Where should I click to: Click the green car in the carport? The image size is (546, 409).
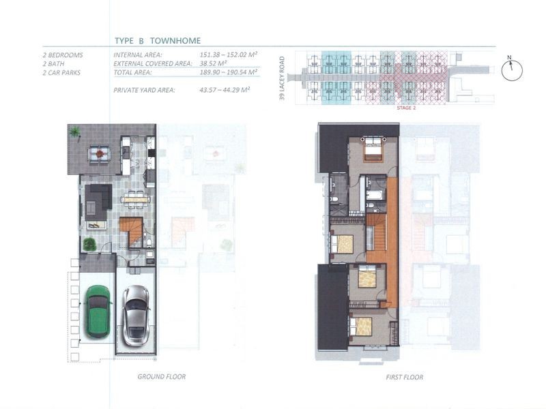(98, 312)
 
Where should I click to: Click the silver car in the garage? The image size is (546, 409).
(136, 316)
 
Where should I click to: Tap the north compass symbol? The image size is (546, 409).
(512, 69)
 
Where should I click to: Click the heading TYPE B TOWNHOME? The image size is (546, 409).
(158, 41)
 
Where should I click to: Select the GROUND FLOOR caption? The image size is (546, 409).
(162, 377)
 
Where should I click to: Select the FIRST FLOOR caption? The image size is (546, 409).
(405, 377)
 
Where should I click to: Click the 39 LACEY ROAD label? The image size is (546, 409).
(282, 78)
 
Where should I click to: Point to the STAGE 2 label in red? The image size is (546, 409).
(406, 108)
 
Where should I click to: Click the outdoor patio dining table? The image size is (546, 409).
(100, 154)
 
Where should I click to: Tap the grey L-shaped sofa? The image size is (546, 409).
(98, 200)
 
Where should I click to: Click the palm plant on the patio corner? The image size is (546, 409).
(74, 132)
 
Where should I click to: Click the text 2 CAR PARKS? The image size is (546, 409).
(61, 73)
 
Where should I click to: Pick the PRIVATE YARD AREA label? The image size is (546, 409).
(144, 91)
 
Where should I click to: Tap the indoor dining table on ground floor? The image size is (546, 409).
(135, 200)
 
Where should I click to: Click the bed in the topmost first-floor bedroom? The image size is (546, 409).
(373, 149)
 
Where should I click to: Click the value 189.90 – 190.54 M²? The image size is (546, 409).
(229, 72)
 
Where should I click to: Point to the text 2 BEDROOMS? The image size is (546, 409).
(63, 55)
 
